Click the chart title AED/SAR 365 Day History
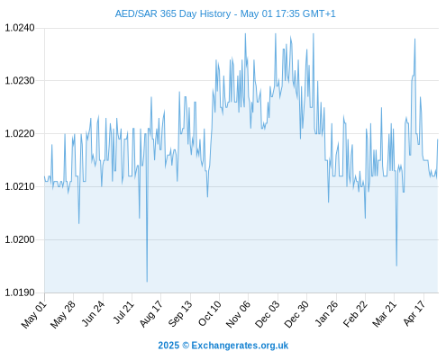coord(173,13)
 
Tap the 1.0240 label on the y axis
coord(20,28)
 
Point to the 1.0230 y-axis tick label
coord(20,81)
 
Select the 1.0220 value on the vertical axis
coord(20,133)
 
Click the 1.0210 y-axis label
coord(20,186)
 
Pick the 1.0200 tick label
coord(20,239)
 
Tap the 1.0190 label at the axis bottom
coord(20,292)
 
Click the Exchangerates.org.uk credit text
coord(240,346)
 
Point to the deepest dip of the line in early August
coord(147,282)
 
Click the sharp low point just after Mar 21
coord(396,265)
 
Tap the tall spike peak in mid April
coord(414,39)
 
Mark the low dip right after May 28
coord(79,223)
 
